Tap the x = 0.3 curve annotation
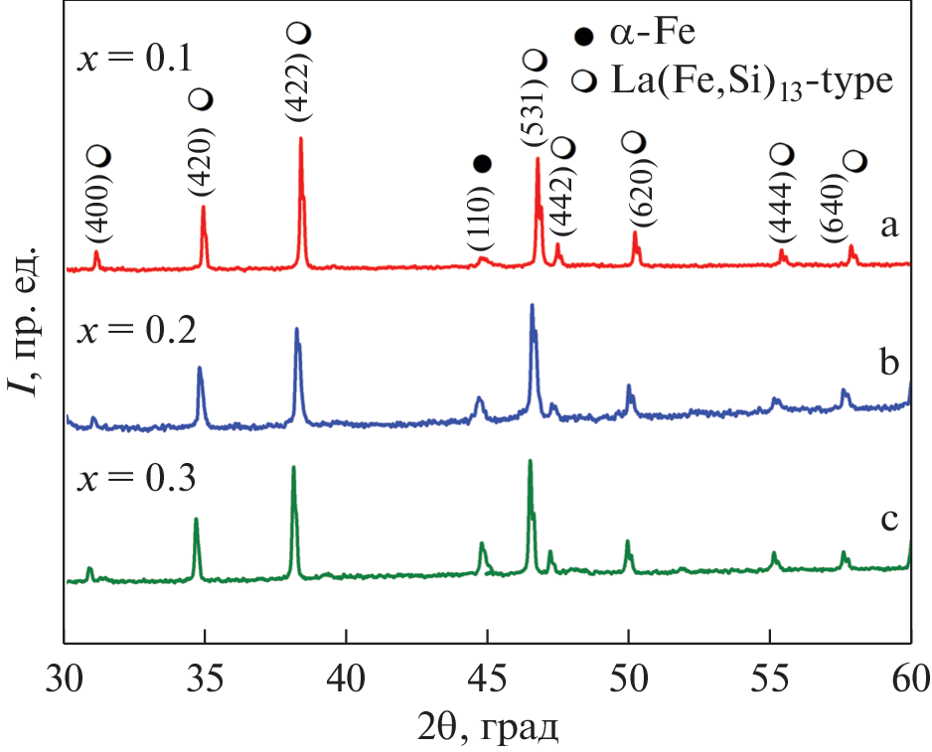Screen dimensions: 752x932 pos(136,478)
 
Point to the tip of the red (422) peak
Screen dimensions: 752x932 pos(300,139)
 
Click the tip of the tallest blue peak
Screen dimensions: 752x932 pos(532,305)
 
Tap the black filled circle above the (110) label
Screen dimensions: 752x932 pos(482,163)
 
